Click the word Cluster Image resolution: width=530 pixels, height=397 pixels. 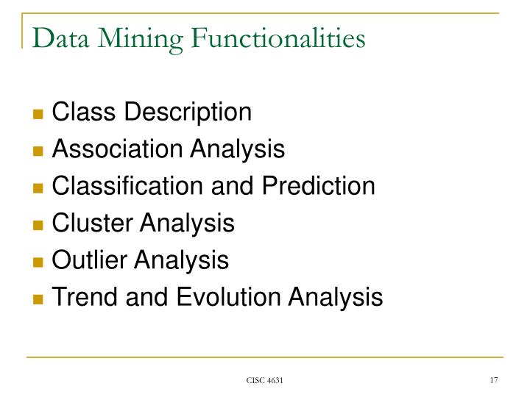[x=89, y=223]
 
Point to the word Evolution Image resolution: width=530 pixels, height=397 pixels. [x=221, y=297]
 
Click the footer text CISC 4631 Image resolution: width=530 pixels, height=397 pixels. [x=264, y=379]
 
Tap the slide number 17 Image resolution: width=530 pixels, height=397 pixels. [x=492, y=379]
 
